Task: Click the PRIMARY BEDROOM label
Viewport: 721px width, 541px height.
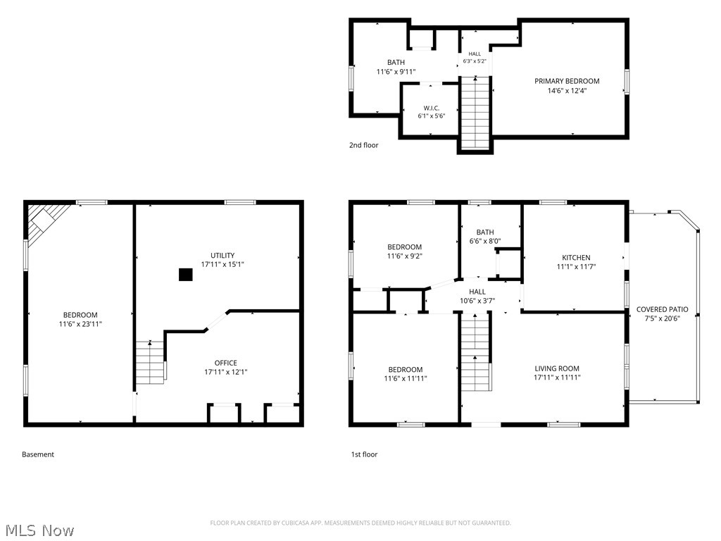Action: click(x=567, y=81)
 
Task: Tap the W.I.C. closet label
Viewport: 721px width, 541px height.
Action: click(x=432, y=108)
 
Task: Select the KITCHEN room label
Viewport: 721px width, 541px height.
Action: click(x=576, y=258)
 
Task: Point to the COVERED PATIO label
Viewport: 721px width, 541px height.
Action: click(x=662, y=309)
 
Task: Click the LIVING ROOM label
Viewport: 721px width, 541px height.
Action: click(x=557, y=368)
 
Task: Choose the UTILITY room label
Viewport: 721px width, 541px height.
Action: click(x=222, y=255)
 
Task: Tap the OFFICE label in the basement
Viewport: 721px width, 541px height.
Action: click(x=226, y=363)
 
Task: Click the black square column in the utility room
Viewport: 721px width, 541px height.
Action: click(x=185, y=275)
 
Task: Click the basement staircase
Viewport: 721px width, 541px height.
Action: click(x=150, y=363)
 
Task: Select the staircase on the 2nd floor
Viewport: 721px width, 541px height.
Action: click(x=475, y=113)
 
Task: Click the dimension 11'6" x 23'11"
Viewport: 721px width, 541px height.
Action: click(x=80, y=324)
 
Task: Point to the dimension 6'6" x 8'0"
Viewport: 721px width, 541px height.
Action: click(x=485, y=241)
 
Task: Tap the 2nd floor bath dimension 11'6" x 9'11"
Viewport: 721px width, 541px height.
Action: click(x=396, y=72)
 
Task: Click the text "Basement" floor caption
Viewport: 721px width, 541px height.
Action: click(x=38, y=454)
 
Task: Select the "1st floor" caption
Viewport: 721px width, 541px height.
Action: click(x=364, y=454)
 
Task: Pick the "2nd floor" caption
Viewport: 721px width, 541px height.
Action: click(x=364, y=145)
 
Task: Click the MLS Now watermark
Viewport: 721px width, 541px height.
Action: click(x=39, y=530)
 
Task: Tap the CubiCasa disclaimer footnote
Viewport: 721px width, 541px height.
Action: click(x=360, y=523)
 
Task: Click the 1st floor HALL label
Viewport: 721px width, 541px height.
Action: click(x=477, y=292)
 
